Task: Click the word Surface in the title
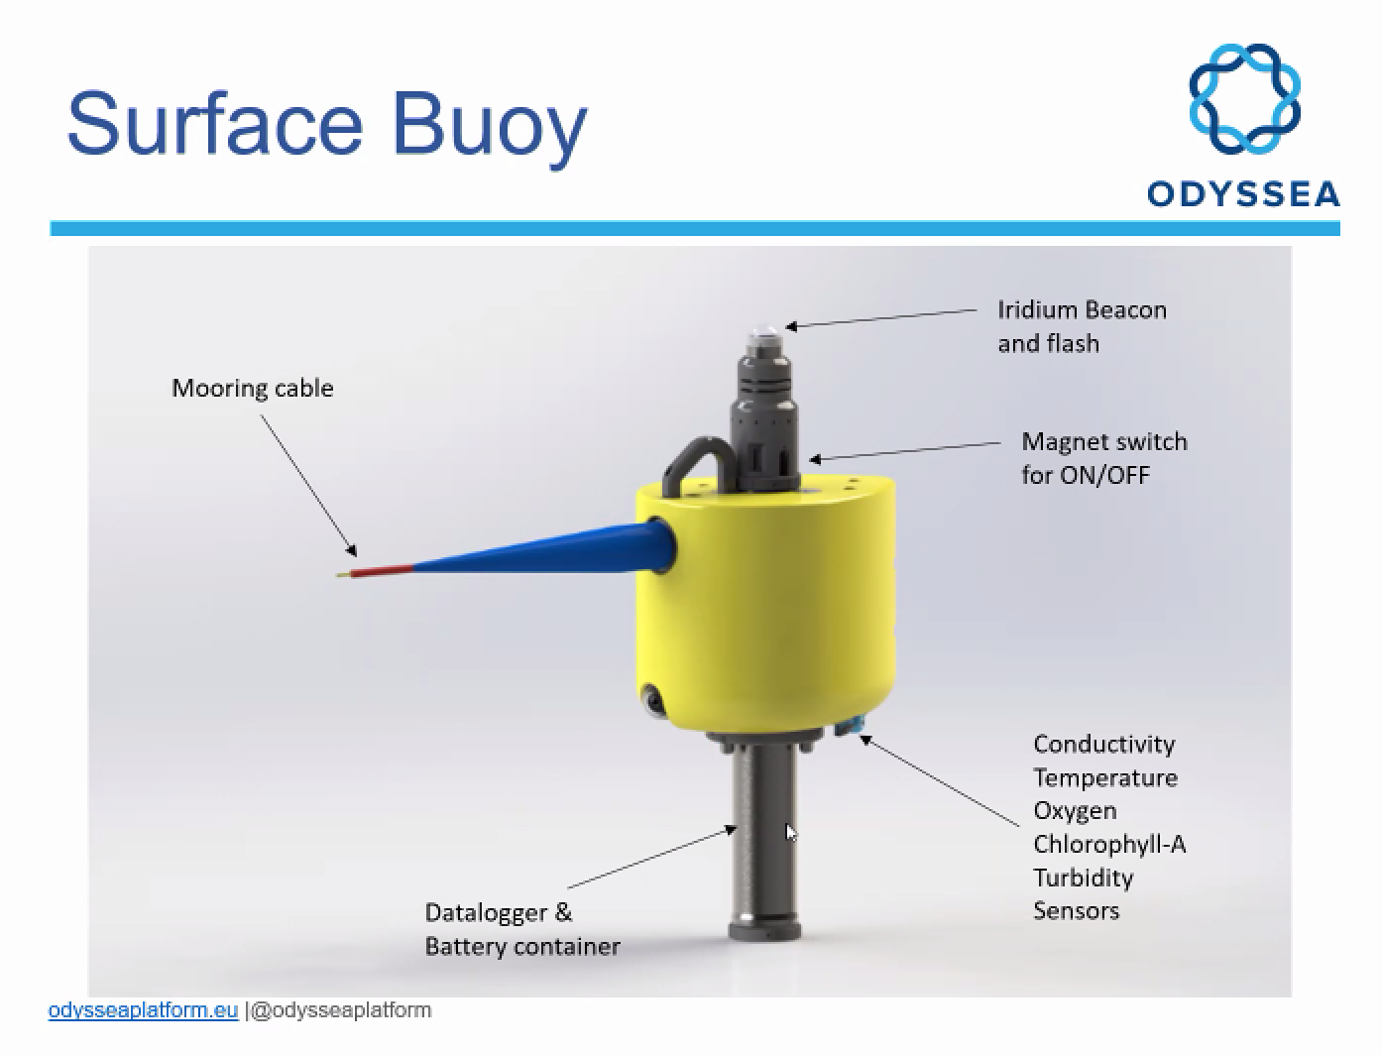click(215, 123)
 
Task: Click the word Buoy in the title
click(490, 129)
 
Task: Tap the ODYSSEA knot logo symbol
click(1243, 99)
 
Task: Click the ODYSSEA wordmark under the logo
click(1243, 194)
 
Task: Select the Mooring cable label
click(253, 389)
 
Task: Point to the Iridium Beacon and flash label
click(1083, 326)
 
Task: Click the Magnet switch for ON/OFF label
click(1104, 458)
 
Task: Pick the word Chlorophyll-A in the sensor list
click(1109, 844)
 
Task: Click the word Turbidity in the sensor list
click(1083, 878)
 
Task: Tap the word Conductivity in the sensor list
click(1103, 745)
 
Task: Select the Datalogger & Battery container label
click(522, 930)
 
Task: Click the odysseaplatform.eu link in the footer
click(144, 1010)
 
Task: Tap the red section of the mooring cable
click(381, 571)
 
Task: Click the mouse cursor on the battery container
click(791, 832)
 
